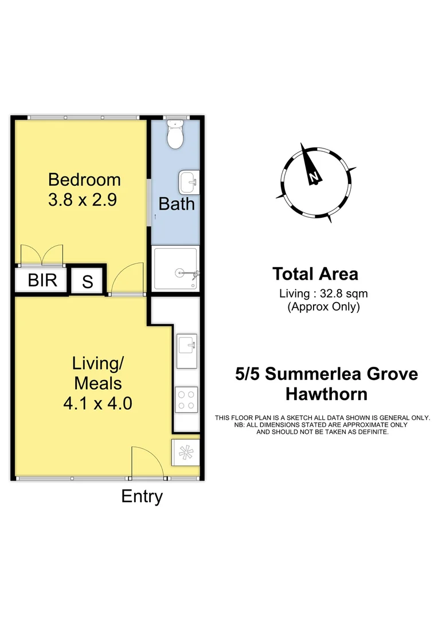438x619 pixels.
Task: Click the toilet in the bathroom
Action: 174,133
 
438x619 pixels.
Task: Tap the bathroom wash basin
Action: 187,182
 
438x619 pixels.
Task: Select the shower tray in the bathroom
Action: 176,268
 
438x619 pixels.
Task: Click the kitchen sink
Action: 187,345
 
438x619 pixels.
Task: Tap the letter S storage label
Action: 88,281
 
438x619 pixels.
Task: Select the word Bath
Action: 177,203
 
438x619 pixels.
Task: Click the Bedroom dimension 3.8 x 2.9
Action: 84,200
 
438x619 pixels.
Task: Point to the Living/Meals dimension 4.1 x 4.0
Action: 97,403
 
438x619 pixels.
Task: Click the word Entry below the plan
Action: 142,496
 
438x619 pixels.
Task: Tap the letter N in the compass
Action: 314,177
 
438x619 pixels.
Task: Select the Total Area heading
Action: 315,274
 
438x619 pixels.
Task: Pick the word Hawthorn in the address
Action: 326,394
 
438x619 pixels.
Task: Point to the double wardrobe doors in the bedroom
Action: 41,255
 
